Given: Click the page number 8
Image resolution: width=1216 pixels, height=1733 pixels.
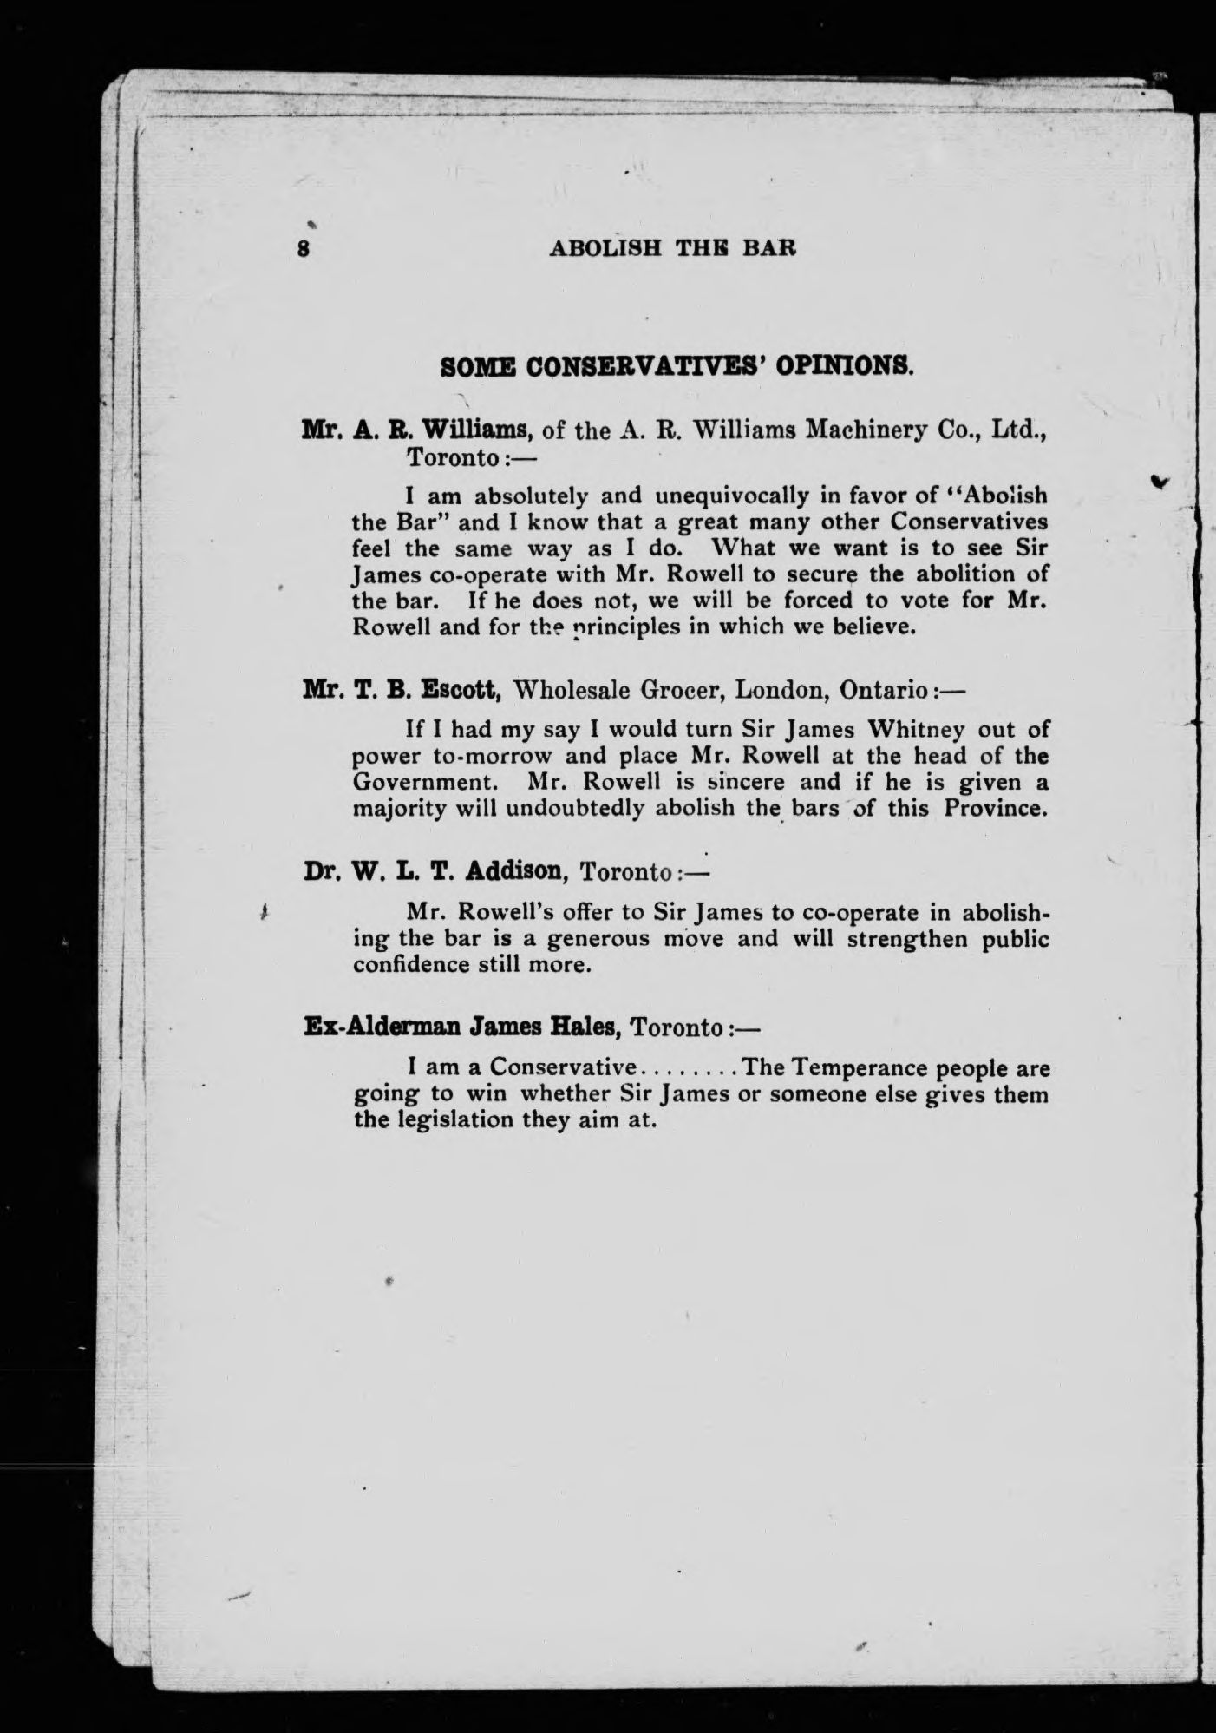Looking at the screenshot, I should [x=304, y=248].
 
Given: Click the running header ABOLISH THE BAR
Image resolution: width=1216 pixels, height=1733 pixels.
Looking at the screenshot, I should [x=673, y=248].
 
